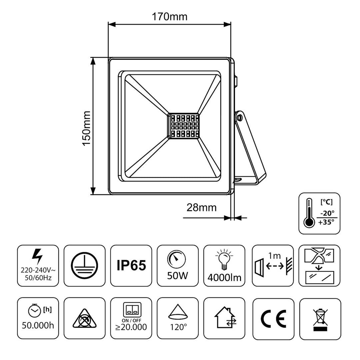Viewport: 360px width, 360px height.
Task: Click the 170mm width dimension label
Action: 170,16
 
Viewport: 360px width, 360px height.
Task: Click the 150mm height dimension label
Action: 86,128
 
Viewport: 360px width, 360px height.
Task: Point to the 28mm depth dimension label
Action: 201,208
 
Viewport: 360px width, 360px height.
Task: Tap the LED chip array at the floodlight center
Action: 183,126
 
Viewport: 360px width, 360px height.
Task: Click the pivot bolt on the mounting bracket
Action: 239,117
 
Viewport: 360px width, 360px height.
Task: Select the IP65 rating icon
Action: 131,266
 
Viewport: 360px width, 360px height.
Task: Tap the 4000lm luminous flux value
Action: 224,277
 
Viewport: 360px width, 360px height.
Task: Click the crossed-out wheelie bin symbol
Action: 320,318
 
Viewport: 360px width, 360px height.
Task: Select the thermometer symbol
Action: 309,213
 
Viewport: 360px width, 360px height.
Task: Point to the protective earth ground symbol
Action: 84,266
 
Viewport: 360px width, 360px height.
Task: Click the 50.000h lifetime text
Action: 38,325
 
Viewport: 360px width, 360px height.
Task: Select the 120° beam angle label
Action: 177,327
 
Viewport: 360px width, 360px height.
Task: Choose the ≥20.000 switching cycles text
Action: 131,327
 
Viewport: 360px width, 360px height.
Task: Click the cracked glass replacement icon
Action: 320,265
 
